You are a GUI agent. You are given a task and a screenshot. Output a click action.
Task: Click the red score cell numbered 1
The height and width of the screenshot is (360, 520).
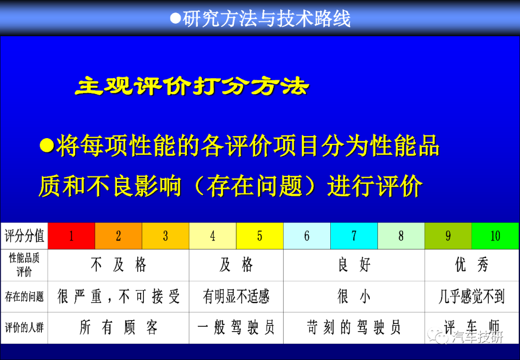[x=71, y=236]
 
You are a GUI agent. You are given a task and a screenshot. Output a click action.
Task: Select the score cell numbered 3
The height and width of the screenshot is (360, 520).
[x=166, y=236]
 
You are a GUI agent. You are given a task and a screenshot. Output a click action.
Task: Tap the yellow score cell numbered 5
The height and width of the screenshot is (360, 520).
[x=260, y=236]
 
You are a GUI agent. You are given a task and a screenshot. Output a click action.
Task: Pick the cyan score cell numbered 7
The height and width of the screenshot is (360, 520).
[x=354, y=236]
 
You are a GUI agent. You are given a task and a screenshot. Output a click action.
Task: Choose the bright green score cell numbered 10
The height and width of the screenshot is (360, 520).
[x=495, y=236]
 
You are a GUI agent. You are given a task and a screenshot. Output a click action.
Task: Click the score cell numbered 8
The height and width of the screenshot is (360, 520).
[x=401, y=236]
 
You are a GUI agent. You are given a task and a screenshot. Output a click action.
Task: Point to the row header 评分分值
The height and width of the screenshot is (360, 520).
[x=24, y=236]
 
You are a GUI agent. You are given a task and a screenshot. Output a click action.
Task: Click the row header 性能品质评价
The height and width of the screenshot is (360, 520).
[x=24, y=265]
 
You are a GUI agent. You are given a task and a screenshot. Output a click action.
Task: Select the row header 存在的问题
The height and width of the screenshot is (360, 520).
[x=24, y=296]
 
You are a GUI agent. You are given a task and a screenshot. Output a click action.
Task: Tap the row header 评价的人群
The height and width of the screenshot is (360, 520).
[x=24, y=328]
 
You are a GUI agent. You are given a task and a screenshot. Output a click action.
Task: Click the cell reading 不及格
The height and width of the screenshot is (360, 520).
[x=118, y=265]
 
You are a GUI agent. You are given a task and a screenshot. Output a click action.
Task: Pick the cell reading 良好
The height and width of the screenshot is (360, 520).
[x=354, y=265]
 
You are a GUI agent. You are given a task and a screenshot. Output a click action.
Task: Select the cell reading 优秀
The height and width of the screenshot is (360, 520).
[x=471, y=265]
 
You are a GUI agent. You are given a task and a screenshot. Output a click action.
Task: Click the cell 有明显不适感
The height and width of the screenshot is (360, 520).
[x=236, y=296]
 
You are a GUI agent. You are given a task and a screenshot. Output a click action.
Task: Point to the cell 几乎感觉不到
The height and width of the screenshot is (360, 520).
[x=471, y=296]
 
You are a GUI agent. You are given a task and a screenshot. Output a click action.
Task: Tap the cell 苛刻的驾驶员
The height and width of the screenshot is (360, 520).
[x=354, y=328]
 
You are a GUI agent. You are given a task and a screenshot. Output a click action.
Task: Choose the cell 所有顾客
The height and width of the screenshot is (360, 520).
[x=118, y=328]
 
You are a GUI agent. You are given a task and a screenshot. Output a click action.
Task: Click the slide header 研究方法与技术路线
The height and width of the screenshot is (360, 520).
[x=266, y=18]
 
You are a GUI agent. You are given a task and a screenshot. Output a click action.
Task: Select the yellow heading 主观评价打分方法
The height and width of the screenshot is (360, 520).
[x=192, y=86]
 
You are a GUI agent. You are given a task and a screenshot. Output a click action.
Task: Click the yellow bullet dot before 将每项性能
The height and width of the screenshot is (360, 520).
[x=47, y=145]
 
